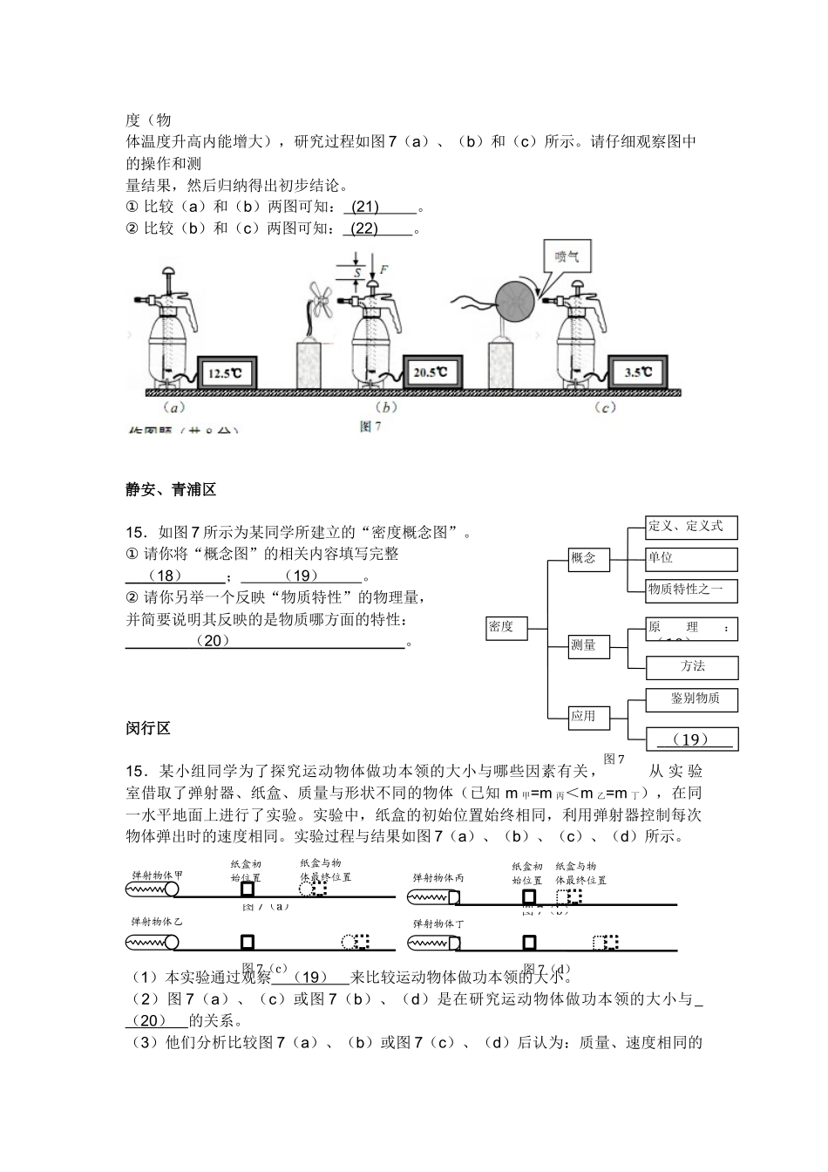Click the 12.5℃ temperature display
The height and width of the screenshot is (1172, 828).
click(x=227, y=374)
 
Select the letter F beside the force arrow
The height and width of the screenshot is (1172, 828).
click(x=384, y=269)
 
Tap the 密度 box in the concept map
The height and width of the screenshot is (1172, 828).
click(x=506, y=627)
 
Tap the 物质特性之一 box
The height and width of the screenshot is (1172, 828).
click(x=691, y=589)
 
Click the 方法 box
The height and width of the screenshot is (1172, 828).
click(x=692, y=667)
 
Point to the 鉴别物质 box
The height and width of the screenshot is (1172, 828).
click(x=692, y=699)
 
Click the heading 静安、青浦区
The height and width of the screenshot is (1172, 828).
click(x=171, y=491)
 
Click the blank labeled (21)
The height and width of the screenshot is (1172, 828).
click(x=380, y=208)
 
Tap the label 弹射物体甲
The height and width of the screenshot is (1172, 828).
click(x=157, y=875)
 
